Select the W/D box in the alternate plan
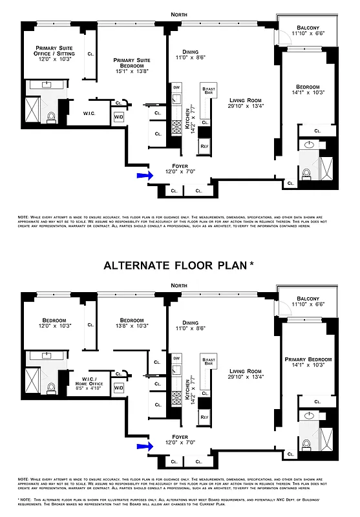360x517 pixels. coord(119,388)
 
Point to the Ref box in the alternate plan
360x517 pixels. coord(204,418)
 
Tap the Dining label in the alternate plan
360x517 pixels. coord(190,322)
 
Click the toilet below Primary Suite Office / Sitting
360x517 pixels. coord(52,117)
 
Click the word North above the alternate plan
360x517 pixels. coord(180,285)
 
